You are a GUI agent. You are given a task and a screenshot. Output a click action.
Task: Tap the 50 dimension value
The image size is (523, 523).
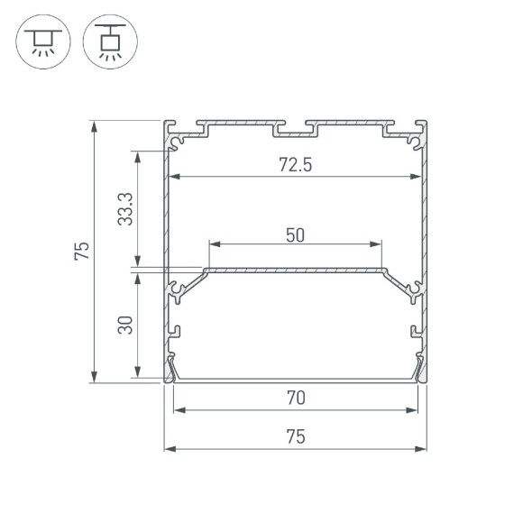coord(294,234)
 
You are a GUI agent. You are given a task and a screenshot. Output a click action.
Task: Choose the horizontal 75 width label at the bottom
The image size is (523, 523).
coord(294,436)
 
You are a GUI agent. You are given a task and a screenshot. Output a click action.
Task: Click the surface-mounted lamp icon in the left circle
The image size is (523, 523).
coord(40,41)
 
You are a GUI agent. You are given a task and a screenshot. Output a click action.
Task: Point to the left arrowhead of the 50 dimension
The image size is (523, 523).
coord(214,243)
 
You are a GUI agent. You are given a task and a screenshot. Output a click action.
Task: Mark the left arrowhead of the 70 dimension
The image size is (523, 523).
coord(179,410)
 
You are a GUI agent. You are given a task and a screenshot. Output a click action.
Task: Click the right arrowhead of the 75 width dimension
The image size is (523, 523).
coord(421,448)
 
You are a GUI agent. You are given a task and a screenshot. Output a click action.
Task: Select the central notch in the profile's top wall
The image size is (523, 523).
coord(295,131)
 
